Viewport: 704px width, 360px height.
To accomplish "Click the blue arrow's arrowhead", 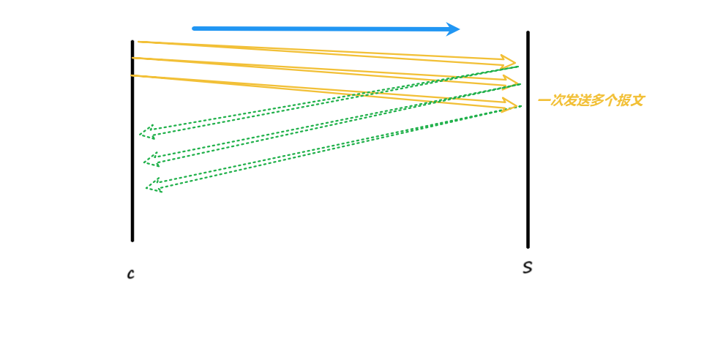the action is point(454,29).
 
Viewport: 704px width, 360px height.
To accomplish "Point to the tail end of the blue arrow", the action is point(195,29).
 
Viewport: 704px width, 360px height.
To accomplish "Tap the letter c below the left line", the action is point(130,274).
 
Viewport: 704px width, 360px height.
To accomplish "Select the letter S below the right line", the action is point(527,268).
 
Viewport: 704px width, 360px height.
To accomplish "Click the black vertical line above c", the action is point(132,146).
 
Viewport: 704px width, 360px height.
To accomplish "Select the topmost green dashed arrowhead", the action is point(146,132).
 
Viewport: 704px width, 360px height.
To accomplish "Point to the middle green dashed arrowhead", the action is point(150,159).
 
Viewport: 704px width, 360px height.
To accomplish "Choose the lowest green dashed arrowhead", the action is point(152,184).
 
